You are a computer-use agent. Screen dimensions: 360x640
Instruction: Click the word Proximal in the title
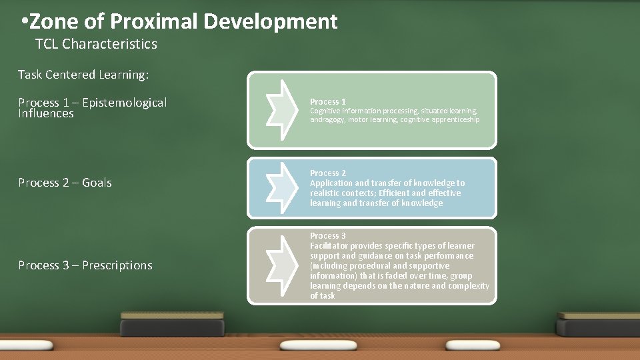(x=153, y=22)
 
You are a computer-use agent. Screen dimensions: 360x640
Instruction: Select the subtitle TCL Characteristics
(x=96, y=44)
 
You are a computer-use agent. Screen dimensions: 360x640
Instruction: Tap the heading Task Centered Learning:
(x=83, y=75)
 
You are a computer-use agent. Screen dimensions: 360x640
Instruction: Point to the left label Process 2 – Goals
(x=65, y=183)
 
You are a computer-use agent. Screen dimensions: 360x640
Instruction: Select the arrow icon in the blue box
(x=279, y=187)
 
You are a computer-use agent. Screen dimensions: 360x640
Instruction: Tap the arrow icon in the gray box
(x=279, y=265)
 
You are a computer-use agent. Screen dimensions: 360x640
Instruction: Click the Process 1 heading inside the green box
(x=327, y=102)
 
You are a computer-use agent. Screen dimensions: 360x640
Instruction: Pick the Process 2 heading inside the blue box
(x=327, y=173)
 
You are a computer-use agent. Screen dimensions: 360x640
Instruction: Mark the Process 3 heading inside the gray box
(x=327, y=236)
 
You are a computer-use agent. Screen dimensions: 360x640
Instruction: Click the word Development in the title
(x=270, y=22)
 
